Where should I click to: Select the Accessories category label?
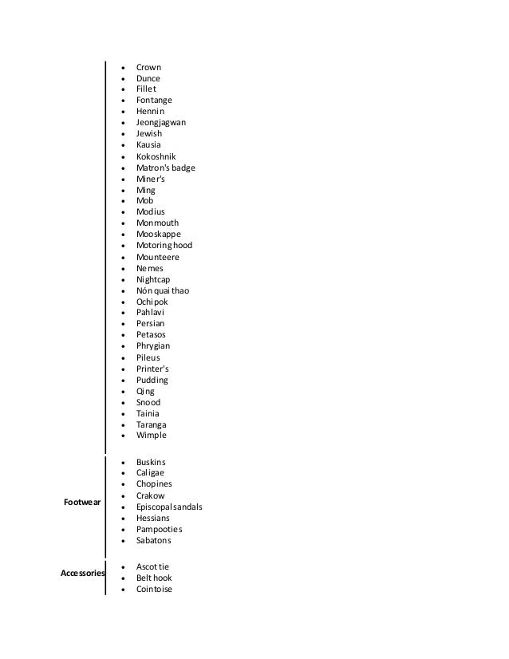pyautogui.click(x=82, y=573)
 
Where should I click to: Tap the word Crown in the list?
pyautogui.click(x=148, y=67)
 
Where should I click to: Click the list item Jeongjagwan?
pyautogui.click(x=162, y=123)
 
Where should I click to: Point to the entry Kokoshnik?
pyautogui.click(x=156, y=156)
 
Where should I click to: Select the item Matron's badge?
pyautogui.click(x=165, y=168)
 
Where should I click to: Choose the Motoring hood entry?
pyautogui.click(x=164, y=246)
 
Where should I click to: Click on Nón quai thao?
pyautogui.click(x=162, y=290)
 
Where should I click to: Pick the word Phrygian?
pyautogui.click(x=153, y=346)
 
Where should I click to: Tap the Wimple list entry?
pyautogui.click(x=151, y=436)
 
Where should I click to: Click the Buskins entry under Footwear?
pyautogui.click(x=151, y=462)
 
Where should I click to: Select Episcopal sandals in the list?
pyautogui.click(x=169, y=507)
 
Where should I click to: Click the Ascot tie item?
pyautogui.click(x=152, y=566)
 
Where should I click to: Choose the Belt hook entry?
pyautogui.click(x=153, y=578)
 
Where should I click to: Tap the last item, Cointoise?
pyautogui.click(x=154, y=589)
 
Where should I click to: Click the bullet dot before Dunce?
pyautogui.click(x=120, y=79)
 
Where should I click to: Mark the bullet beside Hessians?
pyautogui.click(x=120, y=519)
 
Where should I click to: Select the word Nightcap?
pyautogui.click(x=152, y=279)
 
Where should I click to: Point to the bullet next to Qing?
pyautogui.click(x=120, y=392)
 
